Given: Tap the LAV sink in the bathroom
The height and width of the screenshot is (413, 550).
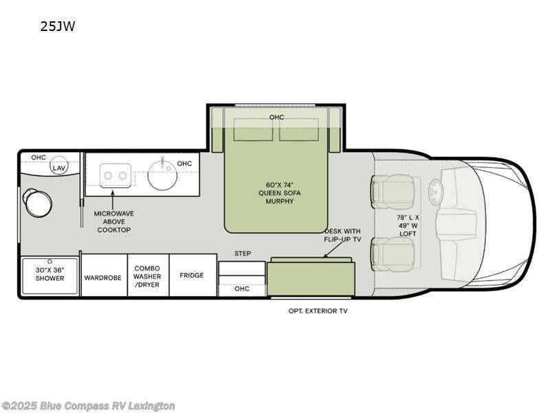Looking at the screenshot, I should click(x=60, y=167).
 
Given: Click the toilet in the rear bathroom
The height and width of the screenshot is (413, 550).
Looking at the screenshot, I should click(x=36, y=200).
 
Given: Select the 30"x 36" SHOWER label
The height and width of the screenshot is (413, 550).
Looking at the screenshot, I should click(x=50, y=274).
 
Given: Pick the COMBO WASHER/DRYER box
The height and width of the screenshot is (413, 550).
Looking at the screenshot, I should click(x=147, y=276).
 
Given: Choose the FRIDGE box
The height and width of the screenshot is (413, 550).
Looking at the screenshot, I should click(x=192, y=275).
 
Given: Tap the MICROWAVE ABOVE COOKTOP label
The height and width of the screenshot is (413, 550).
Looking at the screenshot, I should click(x=114, y=222).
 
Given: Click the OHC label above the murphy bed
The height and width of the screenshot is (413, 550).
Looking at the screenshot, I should click(x=276, y=117).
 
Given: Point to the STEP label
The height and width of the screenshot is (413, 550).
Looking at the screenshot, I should click(x=242, y=253).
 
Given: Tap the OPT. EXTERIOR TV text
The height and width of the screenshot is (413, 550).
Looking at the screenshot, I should click(x=317, y=311).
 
